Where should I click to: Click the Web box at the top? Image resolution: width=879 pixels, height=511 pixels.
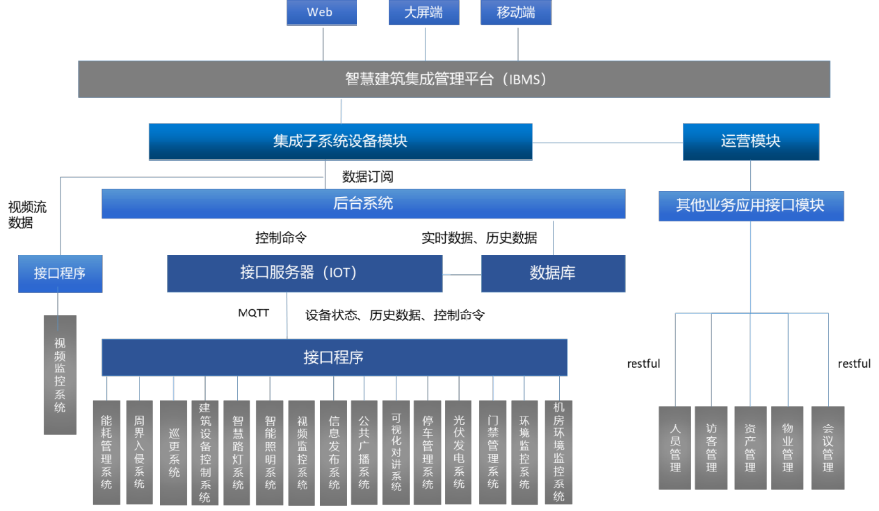point(321,12)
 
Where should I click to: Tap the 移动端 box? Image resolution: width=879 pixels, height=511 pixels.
point(517,12)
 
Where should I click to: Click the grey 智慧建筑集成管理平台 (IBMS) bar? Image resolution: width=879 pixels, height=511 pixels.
point(454,79)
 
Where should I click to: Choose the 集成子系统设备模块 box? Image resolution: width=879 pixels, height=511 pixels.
point(340,142)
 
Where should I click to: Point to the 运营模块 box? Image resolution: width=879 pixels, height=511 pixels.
point(750,142)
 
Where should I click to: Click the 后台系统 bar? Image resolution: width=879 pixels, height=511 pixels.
point(362,203)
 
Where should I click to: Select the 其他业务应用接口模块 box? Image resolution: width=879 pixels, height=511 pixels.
point(750,205)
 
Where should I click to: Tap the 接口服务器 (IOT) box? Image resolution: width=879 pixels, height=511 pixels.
point(304,273)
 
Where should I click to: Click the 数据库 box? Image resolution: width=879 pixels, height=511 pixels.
point(552,273)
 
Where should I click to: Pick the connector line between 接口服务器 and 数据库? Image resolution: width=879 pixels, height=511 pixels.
point(462,274)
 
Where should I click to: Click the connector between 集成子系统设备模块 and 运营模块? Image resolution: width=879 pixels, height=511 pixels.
point(607,143)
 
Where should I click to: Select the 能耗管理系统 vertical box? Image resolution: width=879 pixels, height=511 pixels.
point(107,452)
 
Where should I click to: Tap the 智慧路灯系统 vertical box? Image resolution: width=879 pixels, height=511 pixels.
point(237,452)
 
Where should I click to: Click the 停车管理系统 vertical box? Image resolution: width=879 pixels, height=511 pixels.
point(427,452)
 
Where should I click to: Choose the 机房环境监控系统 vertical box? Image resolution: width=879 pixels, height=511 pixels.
point(559,452)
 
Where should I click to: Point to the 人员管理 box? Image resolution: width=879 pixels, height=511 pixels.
point(675,448)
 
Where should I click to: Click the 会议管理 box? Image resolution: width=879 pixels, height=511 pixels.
point(827,448)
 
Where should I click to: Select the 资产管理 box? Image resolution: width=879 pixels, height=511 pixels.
point(750,448)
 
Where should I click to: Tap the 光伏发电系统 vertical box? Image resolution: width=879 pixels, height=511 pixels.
point(459,452)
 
